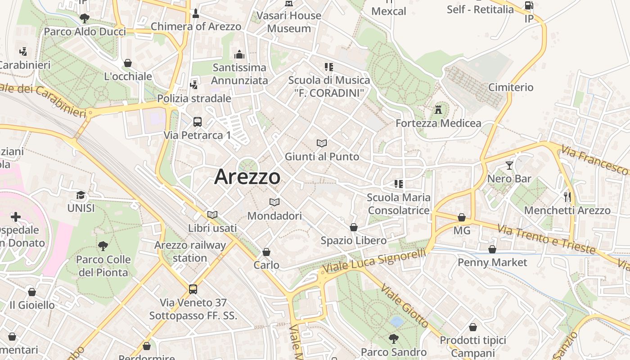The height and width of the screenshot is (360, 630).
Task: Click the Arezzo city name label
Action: click(247, 176)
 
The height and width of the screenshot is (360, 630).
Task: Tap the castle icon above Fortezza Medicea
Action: click(438, 109)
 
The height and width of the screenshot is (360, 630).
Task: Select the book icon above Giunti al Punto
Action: click(322, 144)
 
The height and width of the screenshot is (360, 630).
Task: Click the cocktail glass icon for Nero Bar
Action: click(509, 166)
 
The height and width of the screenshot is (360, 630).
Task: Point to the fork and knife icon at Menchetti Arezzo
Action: click(567, 197)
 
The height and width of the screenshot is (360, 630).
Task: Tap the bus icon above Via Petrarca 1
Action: click(197, 121)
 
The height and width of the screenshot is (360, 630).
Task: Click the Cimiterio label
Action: click(511, 87)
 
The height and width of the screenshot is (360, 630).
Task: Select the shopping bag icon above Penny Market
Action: click(492, 249)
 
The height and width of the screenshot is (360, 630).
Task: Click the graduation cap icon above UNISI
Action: click(81, 195)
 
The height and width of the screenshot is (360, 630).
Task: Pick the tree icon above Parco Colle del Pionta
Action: click(103, 246)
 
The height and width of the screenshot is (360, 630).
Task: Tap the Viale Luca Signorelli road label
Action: click(374, 261)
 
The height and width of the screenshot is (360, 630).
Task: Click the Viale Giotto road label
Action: click(405, 306)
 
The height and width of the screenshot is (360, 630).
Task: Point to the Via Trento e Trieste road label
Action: click(546, 238)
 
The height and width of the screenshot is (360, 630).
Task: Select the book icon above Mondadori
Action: click(274, 202)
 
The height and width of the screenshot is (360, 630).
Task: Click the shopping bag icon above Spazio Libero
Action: click(354, 227)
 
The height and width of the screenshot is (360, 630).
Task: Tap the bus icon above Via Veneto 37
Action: click(193, 289)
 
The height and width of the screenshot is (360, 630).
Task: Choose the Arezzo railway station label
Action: click(190, 252)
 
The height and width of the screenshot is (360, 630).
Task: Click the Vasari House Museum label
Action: click(289, 22)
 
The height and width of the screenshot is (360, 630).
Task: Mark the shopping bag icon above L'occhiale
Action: click(128, 63)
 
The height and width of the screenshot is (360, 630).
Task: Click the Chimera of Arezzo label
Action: click(196, 27)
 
